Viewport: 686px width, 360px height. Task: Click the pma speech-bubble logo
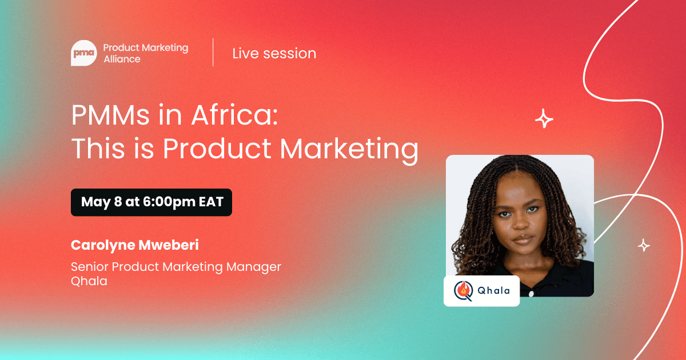pyautogui.click(x=84, y=53)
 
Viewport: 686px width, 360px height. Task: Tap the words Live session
pyautogui.click(x=274, y=54)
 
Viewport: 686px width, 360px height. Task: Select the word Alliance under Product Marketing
pyautogui.click(x=122, y=59)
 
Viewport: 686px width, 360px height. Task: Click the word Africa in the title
pyautogui.click(x=234, y=115)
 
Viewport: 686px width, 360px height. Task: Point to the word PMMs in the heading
pyautogui.click(x=110, y=115)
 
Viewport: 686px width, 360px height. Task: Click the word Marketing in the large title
pyautogui.click(x=349, y=149)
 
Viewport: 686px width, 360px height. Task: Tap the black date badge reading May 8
pyautogui.click(x=151, y=202)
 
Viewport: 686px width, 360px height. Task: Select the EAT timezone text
pyautogui.click(x=211, y=202)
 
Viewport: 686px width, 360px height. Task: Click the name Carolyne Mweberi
pyautogui.click(x=135, y=245)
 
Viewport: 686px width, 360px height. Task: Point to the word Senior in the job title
pyautogui.click(x=89, y=267)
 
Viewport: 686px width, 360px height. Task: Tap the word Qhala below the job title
pyautogui.click(x=89, y=281)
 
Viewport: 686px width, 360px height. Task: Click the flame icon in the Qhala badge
pyautogui.click(x=464, y=290)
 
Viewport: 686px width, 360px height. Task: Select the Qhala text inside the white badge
pyautogui.click(x=494, y=290)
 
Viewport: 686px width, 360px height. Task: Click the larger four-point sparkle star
pyautogui.click(x=544, y=118)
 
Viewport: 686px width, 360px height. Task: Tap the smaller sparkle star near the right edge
pyautogui.click(x=644, y=245)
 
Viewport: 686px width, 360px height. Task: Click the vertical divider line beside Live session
pyautogui.click(x=213, y=53)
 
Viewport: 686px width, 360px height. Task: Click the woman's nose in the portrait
pyautogui.click(x=520, y=225)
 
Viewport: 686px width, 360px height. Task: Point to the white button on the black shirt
pyautogui.click(x=531, y=294)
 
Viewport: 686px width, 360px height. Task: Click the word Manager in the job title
pyautogui.click(x=253, y=267)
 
